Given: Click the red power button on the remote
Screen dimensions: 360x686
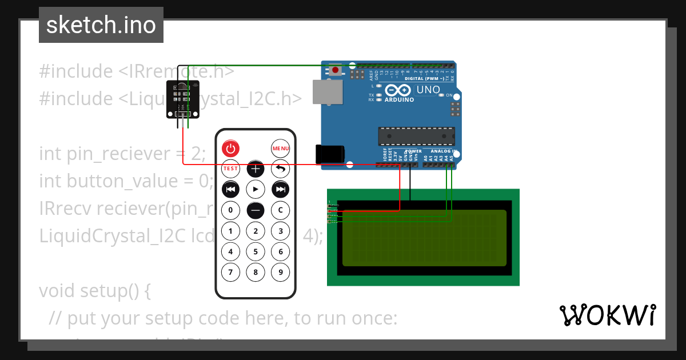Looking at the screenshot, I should tap(230, 149).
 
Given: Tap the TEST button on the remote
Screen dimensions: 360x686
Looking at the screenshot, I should tap(230, 169).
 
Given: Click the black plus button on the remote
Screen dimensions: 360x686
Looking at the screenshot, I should tap(256, 169).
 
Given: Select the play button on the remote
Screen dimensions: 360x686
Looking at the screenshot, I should tap(256, 189).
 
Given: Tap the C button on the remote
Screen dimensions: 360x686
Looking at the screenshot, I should tap(280, 210).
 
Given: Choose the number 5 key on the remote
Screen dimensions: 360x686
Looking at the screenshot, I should tap(256, 251).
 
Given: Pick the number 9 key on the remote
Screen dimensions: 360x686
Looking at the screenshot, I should tap(280, 272).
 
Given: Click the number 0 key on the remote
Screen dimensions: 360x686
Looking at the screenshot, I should tap(230, 210).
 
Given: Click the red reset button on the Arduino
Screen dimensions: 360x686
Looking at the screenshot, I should tap(335, 70).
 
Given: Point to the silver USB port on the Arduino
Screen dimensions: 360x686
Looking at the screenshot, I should tap(326, 92).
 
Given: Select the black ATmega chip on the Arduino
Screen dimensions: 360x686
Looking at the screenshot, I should tap(416, 136).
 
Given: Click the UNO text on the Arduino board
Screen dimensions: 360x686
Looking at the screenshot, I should tap(428, 90).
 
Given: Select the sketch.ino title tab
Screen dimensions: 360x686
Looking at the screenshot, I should tap(101, 25).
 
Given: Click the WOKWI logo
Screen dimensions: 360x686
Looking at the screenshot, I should tap(607, 315).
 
